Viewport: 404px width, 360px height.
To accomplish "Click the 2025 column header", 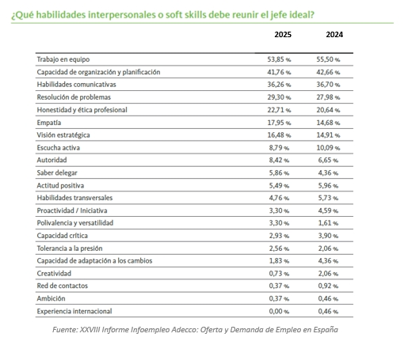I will click(x=283, y=36).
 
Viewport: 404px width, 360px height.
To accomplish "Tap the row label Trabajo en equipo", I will click(x=63, y=60).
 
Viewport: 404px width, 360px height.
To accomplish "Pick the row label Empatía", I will click(x=50, y=123).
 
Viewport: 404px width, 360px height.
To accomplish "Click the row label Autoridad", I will click(x=52, y=160).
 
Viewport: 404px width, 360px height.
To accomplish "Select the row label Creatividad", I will click(x=55, y=273).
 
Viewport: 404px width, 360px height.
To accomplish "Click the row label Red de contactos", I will click(x=62, y=286).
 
